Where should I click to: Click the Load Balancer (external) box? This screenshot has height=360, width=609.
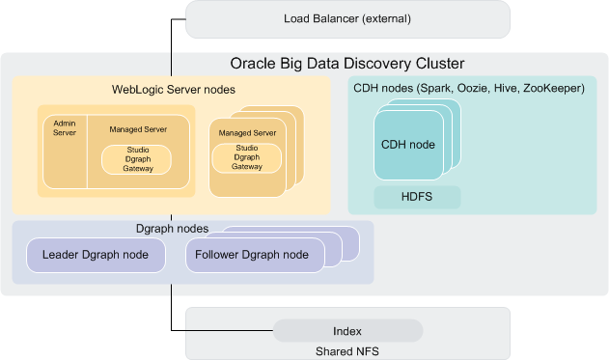point(346,19)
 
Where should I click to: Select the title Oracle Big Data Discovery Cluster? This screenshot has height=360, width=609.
point(346,65)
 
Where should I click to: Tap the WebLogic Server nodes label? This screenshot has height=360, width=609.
point(174,90)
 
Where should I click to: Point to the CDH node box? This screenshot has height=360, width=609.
point(407,145)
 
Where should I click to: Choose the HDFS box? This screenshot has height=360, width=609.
point(417,197)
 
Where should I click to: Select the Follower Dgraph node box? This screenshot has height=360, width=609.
point(252,255)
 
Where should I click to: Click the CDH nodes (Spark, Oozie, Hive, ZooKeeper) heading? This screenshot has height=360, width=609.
point(469,89)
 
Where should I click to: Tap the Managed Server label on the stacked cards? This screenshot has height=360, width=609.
point(247,132)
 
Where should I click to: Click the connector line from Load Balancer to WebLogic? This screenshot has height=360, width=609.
point(172,48)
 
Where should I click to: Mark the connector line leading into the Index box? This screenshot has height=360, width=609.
point(222,331)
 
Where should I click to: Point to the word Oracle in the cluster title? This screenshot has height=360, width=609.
point(252,65)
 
